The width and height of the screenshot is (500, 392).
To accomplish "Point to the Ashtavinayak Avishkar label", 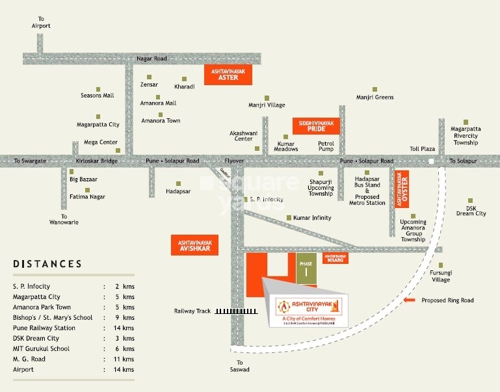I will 194,244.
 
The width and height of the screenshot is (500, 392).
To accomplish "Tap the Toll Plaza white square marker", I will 431,161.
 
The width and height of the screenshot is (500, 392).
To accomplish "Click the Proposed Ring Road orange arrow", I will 409,300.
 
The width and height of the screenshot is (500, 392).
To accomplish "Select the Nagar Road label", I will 151,59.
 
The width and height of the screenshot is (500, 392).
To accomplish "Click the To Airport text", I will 40,22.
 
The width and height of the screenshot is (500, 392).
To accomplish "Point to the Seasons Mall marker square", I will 98,88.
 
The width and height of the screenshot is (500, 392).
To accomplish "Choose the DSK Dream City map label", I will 471,209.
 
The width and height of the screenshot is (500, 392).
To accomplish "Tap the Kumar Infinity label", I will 312,218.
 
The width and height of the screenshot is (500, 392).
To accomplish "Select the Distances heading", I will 47,264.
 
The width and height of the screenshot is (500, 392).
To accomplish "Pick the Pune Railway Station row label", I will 49,328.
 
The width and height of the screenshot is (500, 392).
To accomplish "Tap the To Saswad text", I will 243,366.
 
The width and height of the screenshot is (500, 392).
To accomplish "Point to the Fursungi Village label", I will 441,276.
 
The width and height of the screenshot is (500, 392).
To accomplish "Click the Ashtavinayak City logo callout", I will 309,311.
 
